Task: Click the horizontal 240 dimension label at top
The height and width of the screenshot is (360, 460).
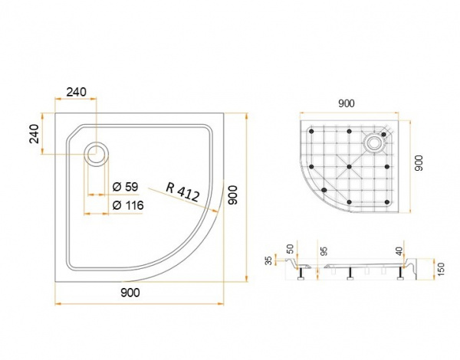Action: pyautogui.click(x=76, y=92)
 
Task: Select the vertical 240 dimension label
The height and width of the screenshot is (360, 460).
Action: pyautogui.click(x=34, y=134)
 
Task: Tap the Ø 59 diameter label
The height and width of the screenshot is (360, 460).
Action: pyautogui.click(x=125, y=187)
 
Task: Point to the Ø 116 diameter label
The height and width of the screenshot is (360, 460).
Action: pyautogui.click(x=128, y=205)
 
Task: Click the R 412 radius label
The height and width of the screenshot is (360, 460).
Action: pyautogui.click(x=182, y=192)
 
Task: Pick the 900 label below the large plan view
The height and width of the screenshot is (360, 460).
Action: pyautogui.click(x=130, y=293)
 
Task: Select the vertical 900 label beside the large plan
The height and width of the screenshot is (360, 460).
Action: pyautogui.click(x=233, y=195)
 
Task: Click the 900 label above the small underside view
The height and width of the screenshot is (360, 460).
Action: pyautogui.click(x=347, y=103)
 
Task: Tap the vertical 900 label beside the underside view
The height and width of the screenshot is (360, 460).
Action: pyautogui.click(x=419, y=163)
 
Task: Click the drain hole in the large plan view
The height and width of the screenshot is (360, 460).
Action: pyautogui.click(x=97, y=154)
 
